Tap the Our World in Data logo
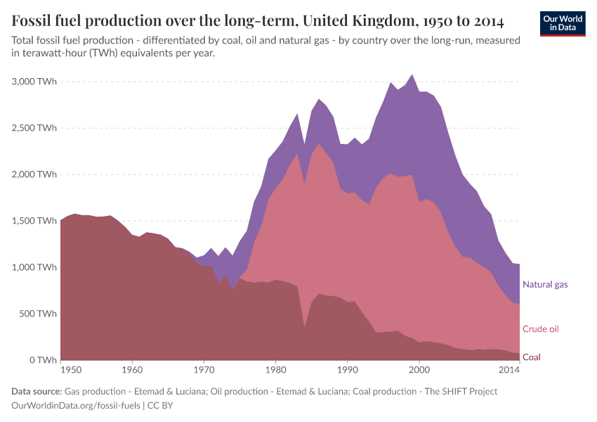click(x=562, y=23)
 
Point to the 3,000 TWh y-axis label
click(x=34, y=82)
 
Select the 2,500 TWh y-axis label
click(x=34, y=128)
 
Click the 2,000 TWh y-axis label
click(x=34, y=174)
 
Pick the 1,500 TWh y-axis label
click(x=34, y=221)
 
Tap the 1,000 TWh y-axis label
click(x=34, y=267)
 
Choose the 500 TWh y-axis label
click(x=37, y=314)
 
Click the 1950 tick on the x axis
click(x=70, y=369)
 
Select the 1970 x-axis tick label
click(x=204, y=369)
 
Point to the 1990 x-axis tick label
click(x=347, y=369)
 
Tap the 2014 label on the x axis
click(x=509, y=369)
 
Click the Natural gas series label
click(x=545, y=285)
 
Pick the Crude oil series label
click(x=541, y=329)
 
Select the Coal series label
click(x=532, y=357)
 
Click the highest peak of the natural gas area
click(x=412, y=75)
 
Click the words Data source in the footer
click(x=36, y=392)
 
